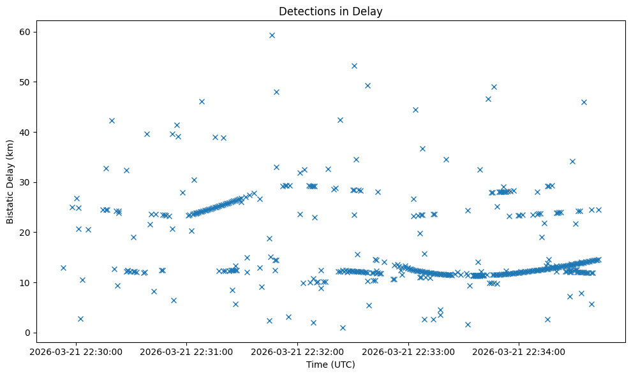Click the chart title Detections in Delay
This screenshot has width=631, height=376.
330,11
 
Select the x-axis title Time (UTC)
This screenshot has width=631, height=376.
330,365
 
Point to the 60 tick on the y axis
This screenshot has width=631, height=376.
28,32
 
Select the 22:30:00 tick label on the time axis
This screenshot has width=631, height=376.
77,351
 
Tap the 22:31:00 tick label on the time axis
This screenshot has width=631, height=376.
188,351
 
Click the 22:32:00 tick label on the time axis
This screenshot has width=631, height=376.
298,351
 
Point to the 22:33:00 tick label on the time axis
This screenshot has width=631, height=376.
408,351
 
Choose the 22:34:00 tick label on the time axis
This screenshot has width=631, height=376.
519,351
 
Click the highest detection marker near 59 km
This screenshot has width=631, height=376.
272,35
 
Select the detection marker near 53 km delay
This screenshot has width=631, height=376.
354,66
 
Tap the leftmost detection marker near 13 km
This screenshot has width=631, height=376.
63,268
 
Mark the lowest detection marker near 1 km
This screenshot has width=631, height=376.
343,328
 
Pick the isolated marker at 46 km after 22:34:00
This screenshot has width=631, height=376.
584,102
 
